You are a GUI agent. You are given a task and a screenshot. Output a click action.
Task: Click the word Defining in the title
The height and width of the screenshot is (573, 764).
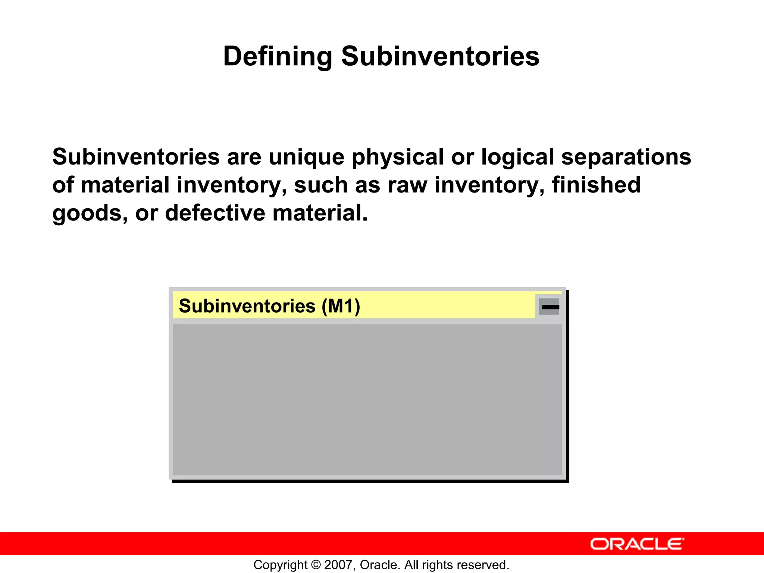click(x=277, y=57)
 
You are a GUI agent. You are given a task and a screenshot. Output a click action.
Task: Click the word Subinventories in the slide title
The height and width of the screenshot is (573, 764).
click(x=440, y=57)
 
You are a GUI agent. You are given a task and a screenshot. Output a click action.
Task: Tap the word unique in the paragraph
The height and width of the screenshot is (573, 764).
click(x=306, y=157)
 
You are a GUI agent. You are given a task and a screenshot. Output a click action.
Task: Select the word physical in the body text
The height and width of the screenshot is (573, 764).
click(x=398, y=157)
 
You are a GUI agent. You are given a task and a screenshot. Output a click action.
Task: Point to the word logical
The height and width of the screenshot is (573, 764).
click(x=517, y=157)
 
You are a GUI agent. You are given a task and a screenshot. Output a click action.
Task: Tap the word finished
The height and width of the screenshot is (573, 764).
click(x=596, y=185)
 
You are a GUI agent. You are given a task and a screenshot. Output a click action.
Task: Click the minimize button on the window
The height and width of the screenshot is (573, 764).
click(x=549, y=307)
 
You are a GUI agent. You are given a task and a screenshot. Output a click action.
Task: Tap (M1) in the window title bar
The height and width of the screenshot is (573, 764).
click(x=341, y=306)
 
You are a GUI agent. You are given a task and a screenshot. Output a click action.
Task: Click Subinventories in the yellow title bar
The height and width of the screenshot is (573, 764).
click(x=247, y=306)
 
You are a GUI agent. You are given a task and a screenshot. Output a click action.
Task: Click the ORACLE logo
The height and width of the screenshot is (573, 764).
click(x=637, y=544)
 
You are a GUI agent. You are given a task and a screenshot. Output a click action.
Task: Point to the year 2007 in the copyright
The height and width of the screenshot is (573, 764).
click(x=338, y=565)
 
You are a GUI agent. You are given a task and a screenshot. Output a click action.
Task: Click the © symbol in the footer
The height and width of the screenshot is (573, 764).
click(x=316, y=565)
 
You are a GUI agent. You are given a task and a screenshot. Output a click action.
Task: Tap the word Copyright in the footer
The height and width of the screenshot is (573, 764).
click(x=280, y=565)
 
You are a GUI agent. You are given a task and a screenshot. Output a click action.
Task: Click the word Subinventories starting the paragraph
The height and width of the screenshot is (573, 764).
click(x=136, y=157)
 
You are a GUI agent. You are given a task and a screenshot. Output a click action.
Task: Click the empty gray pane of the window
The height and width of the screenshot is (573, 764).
click(x=367, y=399)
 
